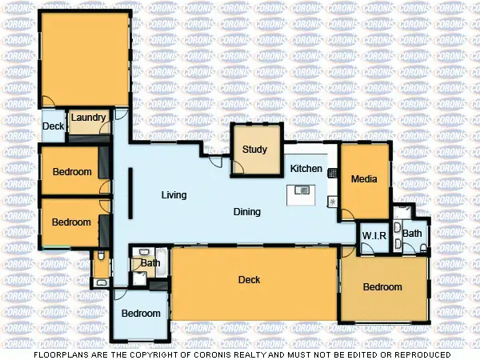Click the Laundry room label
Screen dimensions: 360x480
click(88, 118)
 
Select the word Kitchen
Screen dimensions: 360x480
click(306, 169)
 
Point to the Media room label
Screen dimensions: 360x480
click(363, 179)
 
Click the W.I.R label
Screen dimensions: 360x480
click(374, 236)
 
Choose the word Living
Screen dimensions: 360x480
click(174, 195)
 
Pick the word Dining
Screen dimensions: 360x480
click(247, 212)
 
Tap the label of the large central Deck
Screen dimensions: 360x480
click(250, 280)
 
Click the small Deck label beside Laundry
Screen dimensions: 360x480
click(53, 126)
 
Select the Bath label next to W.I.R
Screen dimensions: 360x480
click(412, 234)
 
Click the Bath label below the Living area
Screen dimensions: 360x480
click(150, 262)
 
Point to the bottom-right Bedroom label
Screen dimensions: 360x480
click(382, 287)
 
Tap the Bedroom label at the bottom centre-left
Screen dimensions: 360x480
click(141, 314)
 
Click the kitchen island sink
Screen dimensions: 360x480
click(302, 190)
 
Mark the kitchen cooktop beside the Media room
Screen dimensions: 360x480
click(333, 172)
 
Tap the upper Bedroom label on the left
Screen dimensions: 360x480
click(72, 172)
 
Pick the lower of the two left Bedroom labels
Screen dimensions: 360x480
click(72, 222)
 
